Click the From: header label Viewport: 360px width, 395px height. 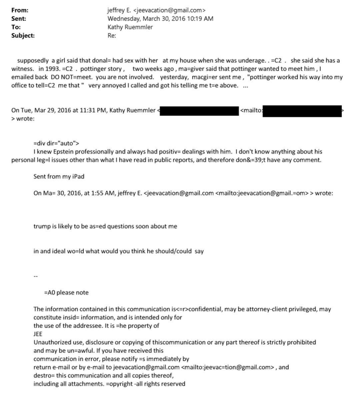[20, 10]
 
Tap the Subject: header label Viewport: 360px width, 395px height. [23, 35]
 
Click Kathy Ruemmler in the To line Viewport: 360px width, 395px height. [130, 27]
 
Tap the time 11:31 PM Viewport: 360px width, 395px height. [90, 110]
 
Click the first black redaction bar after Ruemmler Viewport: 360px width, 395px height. [199, 111]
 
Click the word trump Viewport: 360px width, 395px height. [41, 226]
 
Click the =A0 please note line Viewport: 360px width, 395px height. [66, 293]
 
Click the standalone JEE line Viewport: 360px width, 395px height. [38, 334]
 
